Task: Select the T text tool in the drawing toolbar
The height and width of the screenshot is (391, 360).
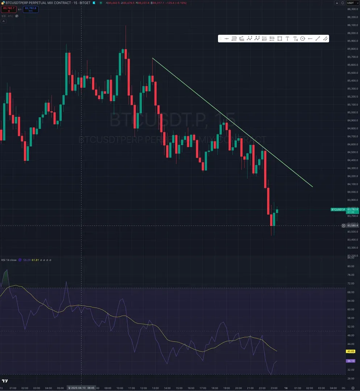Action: point(287,38)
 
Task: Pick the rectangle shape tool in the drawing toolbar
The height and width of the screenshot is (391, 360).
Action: point(280,38)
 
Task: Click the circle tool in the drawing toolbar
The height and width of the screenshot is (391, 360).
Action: point(302,38)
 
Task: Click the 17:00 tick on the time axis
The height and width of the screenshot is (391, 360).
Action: point(203,388)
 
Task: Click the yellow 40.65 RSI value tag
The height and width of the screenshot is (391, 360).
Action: point(351,351)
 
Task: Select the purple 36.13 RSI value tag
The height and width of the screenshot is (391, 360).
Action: point(351,361)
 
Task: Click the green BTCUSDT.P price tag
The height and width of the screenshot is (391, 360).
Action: point(338,210)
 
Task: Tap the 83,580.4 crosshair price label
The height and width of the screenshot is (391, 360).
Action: point(352,226)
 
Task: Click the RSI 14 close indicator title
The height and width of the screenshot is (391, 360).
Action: point(8,260)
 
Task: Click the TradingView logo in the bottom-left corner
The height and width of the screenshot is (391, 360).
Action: point(5,381)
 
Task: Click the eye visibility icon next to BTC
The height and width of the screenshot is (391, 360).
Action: point(17,16)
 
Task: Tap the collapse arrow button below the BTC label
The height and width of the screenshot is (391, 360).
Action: point(4,21)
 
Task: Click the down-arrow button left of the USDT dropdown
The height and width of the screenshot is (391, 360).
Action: point(337,3)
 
